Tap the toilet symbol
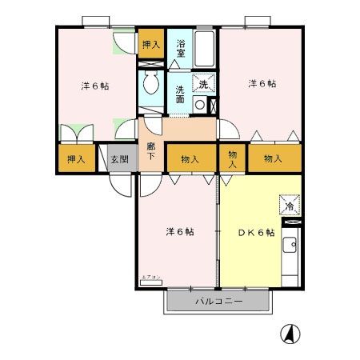(150, 83)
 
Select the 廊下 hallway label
(150, 151)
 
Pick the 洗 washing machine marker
(203, 83)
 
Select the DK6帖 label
(256, 232)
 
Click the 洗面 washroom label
(182, 94)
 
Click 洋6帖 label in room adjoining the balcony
(180, 232)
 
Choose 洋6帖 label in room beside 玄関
(94, 84)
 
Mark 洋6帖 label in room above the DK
(262, 82)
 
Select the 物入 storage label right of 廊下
(190, 159)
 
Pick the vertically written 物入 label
(233, 158)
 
